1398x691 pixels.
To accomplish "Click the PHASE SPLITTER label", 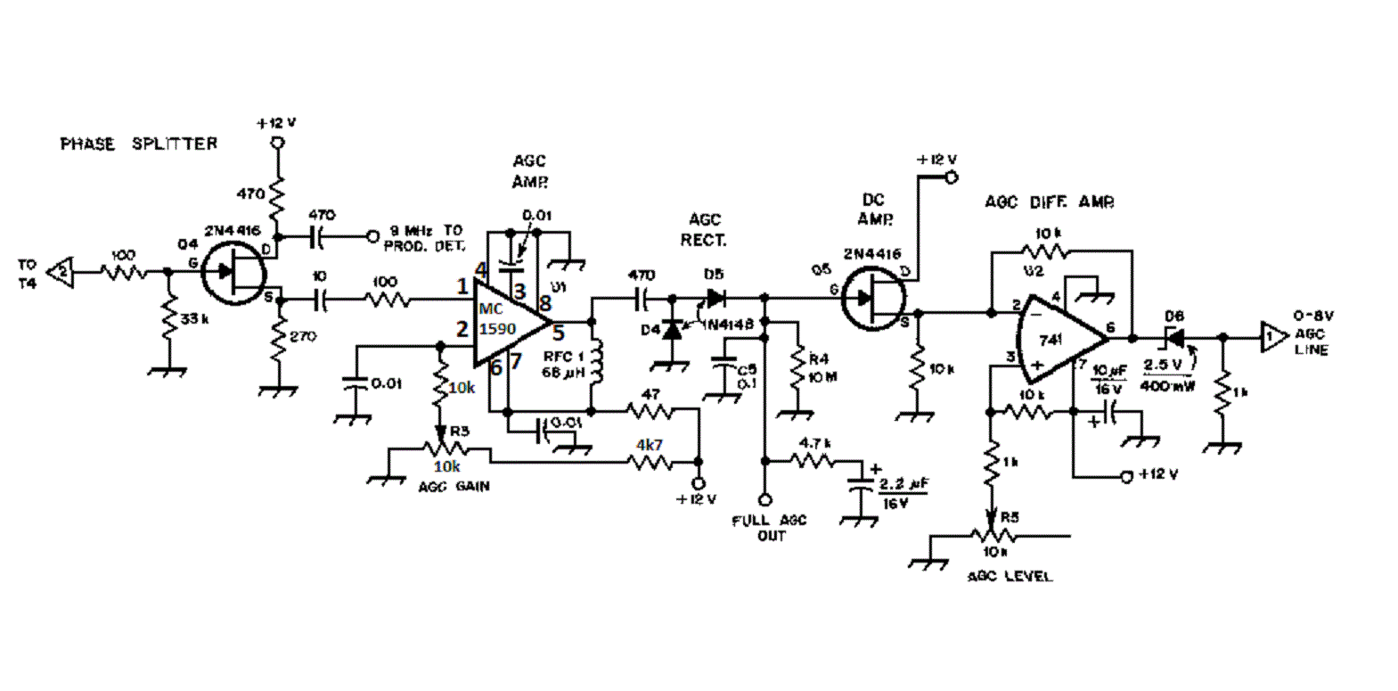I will pos(138,144).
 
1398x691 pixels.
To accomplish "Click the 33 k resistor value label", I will pos(194,318).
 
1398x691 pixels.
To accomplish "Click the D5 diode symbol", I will pos(714,297).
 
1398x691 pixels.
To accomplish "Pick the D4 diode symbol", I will pos(673,329).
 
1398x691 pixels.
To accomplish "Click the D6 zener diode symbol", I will pos(1175,338).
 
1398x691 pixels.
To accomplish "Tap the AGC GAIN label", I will pos(454,487).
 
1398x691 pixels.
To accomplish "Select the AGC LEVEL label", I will pos(1010,576).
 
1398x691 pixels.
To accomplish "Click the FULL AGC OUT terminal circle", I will pos(764,500).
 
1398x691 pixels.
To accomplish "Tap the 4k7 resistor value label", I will pos(649,444).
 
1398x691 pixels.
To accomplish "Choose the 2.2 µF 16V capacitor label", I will pos(903,493).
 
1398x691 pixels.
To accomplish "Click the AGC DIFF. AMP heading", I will pos(1049,202).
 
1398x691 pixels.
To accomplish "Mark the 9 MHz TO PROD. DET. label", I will pos(425,238).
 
